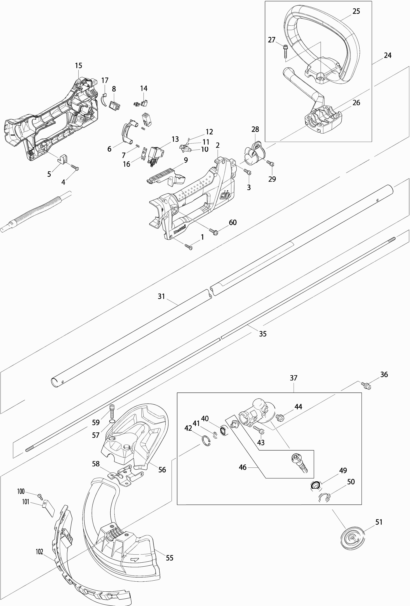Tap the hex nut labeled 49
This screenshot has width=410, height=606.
pos(316,485)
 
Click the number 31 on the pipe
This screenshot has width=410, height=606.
pos(161,297)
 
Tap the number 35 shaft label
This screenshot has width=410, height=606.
pos(263,334)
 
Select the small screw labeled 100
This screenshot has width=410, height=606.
pos(40,496)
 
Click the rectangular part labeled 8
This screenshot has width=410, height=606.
pos(114,105)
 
